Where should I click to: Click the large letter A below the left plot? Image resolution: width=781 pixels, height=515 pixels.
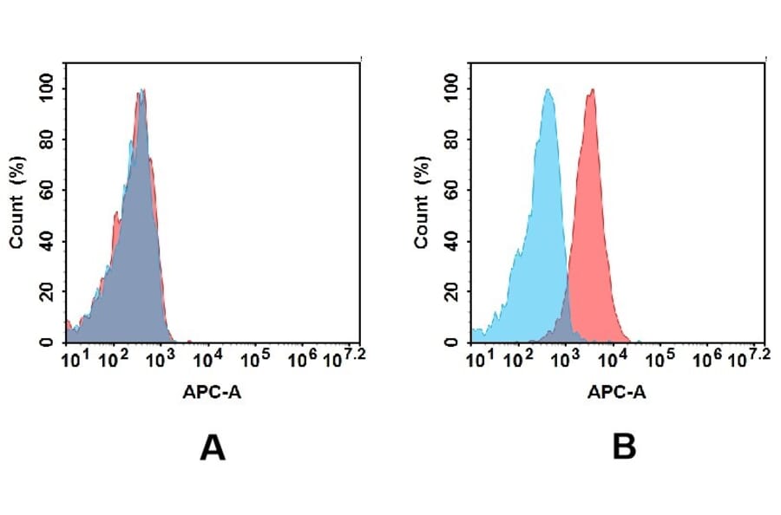pyautogui.click(x=213, y=448)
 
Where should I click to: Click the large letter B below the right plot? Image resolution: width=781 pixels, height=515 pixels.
pyautogui.click(x=624, y=448)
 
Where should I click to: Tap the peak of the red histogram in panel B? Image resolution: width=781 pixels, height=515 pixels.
pyautogui.click(x=592, y=90)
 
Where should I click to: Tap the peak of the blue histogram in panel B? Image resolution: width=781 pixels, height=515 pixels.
pyautogui.click(x=548, y=90)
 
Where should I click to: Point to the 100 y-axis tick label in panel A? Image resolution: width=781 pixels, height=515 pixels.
pyautogui.click(x=46, y=88)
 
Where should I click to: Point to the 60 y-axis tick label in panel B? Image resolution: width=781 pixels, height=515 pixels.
pyautogui.click(x=450, y=190)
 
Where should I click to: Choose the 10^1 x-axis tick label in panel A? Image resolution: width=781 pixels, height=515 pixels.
pyautogui.click(x=75, y=358)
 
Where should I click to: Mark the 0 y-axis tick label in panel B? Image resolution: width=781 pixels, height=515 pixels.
pyautogui.click(x=450, y=342)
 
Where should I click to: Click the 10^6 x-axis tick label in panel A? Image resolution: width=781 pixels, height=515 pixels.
pyautogui.click(x=301, y=358)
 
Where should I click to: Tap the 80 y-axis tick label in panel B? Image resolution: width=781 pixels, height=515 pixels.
pyautogui.click(x=450, y=140)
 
